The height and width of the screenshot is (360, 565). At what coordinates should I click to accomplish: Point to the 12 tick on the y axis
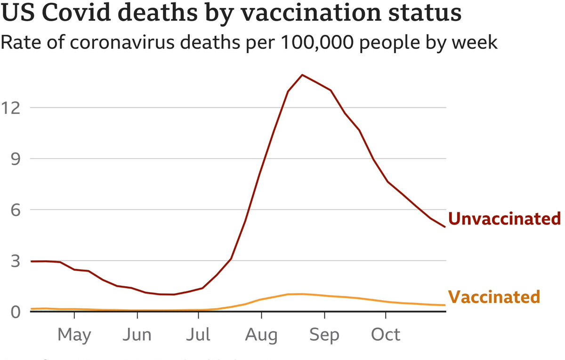click(x=13, y=107)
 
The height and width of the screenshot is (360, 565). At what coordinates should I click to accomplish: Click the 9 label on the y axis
click(x=16, y=159)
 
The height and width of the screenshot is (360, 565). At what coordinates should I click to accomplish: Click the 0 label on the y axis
click(x=16, y=312)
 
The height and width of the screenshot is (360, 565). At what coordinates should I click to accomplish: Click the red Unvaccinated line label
click(x=504, y=219)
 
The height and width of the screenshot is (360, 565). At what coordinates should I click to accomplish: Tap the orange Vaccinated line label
click(x=493, y=297)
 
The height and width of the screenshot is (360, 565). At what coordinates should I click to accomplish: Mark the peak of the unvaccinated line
click(x=302, y=75)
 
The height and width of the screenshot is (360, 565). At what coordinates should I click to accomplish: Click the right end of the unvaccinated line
click(x=444, y=227)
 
